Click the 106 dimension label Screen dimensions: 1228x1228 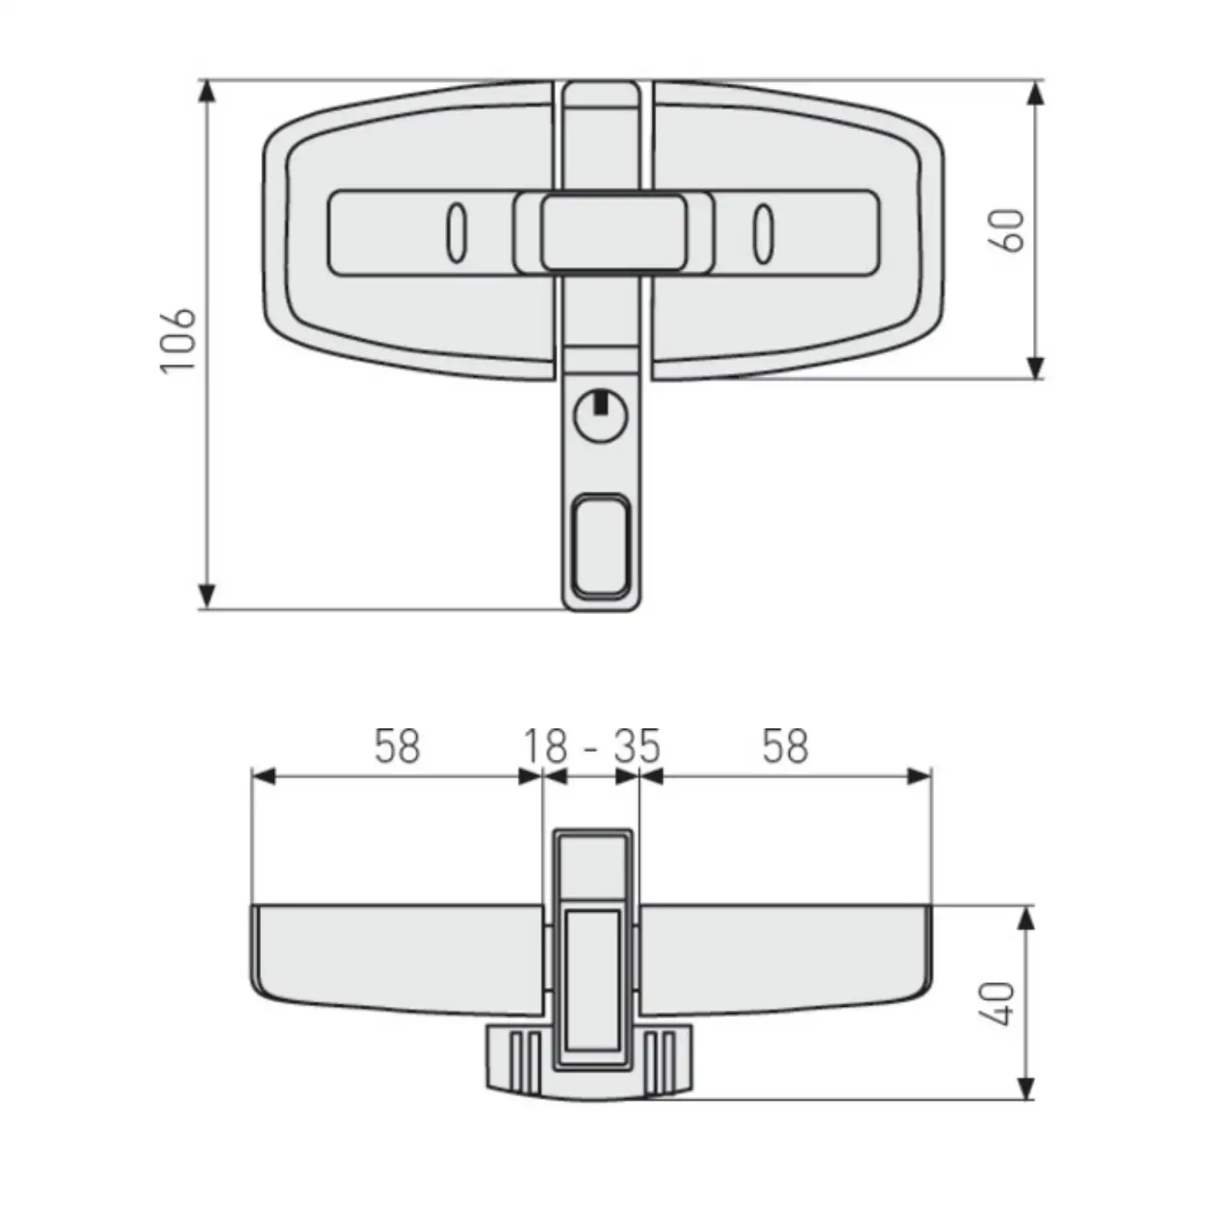pos(178,342)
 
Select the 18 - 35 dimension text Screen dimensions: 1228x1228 pos(591,746)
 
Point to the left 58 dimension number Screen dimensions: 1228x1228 pos(397,746)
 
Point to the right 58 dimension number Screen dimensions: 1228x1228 pos(785,746)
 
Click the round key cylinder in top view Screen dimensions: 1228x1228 pos(601,415)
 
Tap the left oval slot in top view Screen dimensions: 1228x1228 pos(456,233)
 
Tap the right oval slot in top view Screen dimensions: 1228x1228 pos(762,233)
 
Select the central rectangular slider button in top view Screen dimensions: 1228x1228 pos(613,233)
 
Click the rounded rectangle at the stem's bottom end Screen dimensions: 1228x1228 pos(602,546)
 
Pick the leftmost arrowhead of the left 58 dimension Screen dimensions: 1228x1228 pos(263,777)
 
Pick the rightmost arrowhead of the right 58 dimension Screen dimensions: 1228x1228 pos(919,777)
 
